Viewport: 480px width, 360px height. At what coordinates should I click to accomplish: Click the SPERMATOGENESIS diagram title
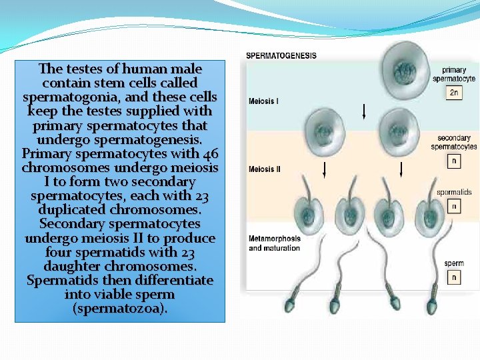(x=281, y=55)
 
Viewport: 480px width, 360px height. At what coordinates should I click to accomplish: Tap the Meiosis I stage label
(x=264, y=101)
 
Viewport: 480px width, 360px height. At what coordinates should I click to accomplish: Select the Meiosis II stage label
(x=265, y=169)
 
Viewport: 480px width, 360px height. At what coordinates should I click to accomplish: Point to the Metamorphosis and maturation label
(x=274, y=243)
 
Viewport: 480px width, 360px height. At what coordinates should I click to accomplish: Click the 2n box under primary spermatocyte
(x=454, y=93)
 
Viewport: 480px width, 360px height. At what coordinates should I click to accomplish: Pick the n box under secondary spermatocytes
(x=454, y=161)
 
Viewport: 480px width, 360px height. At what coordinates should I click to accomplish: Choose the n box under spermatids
(x=454, y=207)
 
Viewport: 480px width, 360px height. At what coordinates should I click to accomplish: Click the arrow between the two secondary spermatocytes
(x=363, y=110)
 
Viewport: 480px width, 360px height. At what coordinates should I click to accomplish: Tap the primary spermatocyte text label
(x=453, y=74)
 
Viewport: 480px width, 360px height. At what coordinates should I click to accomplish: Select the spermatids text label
(x=454, y=192)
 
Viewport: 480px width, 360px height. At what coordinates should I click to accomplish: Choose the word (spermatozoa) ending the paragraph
(x=120, y=309)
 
